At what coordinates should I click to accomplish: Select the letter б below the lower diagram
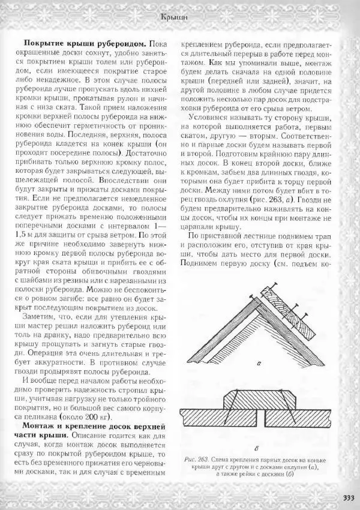pyautogui.click(x=257, y=448)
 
